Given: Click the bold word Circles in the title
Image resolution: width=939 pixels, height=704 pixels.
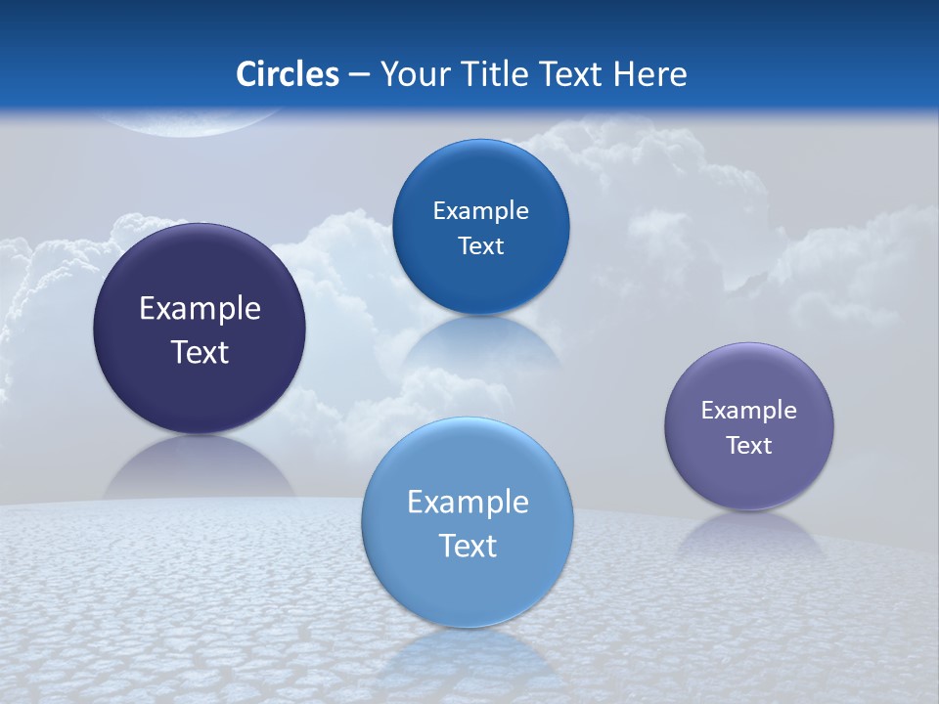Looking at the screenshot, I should [x=287, y=74].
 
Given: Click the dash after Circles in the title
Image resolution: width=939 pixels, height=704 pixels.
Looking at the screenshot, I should [x=359, y=75].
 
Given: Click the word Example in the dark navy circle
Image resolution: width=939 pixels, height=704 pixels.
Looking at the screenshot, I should [x=200, y=309].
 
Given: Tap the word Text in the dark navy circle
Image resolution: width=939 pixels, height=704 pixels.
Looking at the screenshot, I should [x=200, y=352].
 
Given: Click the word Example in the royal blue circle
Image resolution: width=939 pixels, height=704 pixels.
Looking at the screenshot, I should [x=480, y=211].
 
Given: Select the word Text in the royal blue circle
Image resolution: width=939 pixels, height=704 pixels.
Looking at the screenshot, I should [x=480, y=246].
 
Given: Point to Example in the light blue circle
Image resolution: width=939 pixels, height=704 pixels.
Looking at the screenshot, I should [x=468, y=503].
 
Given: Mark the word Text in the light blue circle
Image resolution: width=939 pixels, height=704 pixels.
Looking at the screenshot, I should [x=468, y=546].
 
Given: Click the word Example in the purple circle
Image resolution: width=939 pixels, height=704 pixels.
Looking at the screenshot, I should [x=749, y=411].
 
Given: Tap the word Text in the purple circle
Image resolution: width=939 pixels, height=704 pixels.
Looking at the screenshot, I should [x=749, y=446].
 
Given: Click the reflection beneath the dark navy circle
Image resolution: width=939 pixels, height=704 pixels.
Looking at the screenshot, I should [x=200, y=469].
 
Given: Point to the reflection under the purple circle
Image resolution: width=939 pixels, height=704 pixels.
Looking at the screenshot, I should [x=749, y=533].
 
